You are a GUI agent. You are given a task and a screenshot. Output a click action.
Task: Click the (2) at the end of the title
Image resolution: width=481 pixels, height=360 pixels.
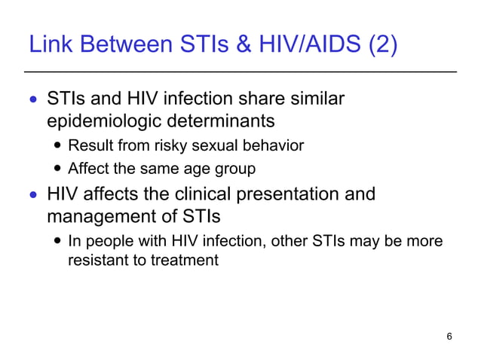(381, 46)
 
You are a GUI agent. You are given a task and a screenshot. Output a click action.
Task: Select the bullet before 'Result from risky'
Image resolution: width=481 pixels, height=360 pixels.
(59, 146)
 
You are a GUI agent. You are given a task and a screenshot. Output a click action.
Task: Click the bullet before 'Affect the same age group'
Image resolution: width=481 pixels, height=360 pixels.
(59, 169)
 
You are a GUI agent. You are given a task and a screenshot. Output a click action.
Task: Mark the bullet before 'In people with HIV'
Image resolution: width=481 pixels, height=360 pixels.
(59, 243)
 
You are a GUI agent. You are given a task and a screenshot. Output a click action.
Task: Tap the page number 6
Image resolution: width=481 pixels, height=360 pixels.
(449, 336)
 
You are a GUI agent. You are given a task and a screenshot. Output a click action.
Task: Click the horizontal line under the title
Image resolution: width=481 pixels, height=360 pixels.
(240, 72)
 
